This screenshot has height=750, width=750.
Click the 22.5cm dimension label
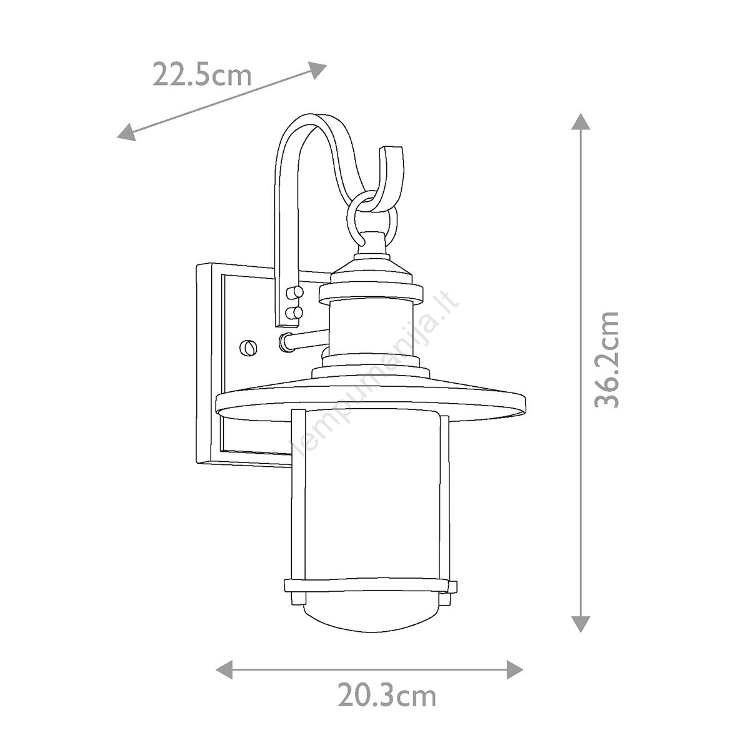pyautogui.click(x=202, y=74)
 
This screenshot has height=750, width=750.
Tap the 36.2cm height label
pyautogui.click(x=606, y=359)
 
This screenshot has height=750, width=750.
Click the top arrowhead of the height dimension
pyautogui.click(x=581, y=122)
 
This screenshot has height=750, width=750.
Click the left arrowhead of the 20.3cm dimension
pyautogui.click(x=224, y=669)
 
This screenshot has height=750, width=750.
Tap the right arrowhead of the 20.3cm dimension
pyautogui.click(x=514, y=669)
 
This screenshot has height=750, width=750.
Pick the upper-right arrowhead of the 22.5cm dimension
pyautogui.click(x=317, y=69)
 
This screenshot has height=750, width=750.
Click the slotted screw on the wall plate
pyautogui.click(x=248, y=346)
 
